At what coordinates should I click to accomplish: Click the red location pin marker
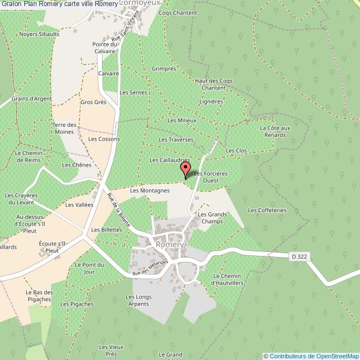click(x=186, y=169)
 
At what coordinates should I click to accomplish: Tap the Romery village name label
click(x=170, y=244)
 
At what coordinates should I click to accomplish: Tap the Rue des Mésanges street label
click(x=150, y=269)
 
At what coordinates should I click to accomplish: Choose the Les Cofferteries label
click(x=267, y=210)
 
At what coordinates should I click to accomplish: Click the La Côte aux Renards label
click(x=275, y=131)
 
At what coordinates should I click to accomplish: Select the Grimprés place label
click(x=163, y=69)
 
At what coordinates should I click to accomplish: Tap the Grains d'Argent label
click(x=32, y=99)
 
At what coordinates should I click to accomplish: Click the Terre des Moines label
click(x=64, y=128)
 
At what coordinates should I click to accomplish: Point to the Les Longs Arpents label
click(x=138, y=301)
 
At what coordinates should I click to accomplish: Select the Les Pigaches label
click(x=77, y=304)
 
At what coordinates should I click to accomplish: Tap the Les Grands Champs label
click(x=210, y=218)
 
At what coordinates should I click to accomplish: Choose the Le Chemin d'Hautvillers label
click(x=228, y=280)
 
